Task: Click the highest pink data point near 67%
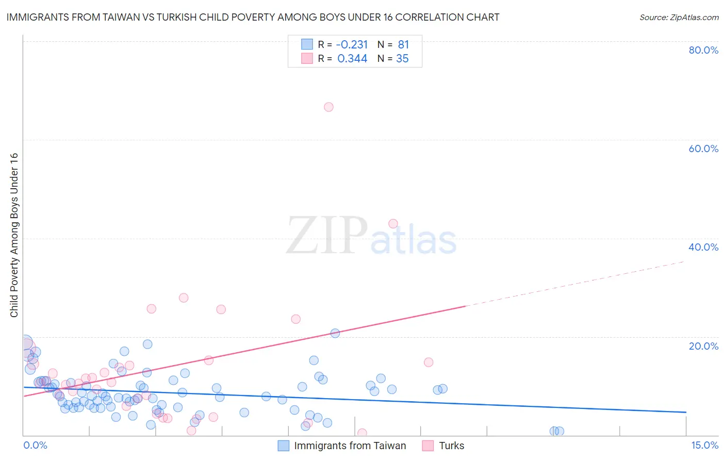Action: [328, 107]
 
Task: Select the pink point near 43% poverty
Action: [393, 224]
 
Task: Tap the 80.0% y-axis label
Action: [703, 50]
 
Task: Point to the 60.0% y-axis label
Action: [703, 149]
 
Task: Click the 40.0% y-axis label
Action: [703, 247]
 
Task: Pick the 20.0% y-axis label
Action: [703, 346]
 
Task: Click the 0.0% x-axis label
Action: [35, 445]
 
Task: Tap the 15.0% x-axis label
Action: [704, 445]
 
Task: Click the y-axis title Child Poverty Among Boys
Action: [14, 235]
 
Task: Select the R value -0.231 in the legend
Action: [352, 45]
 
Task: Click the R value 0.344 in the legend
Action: [352, 59]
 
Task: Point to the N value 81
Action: [403, 45]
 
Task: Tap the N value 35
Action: [402, 59]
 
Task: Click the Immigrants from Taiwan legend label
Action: [350, 446]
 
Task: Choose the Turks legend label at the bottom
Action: [451, 446]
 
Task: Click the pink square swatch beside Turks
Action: [427, 446]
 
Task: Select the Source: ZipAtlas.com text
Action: [679, 18]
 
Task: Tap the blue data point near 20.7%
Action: [335, 333]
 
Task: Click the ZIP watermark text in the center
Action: [326, 235]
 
